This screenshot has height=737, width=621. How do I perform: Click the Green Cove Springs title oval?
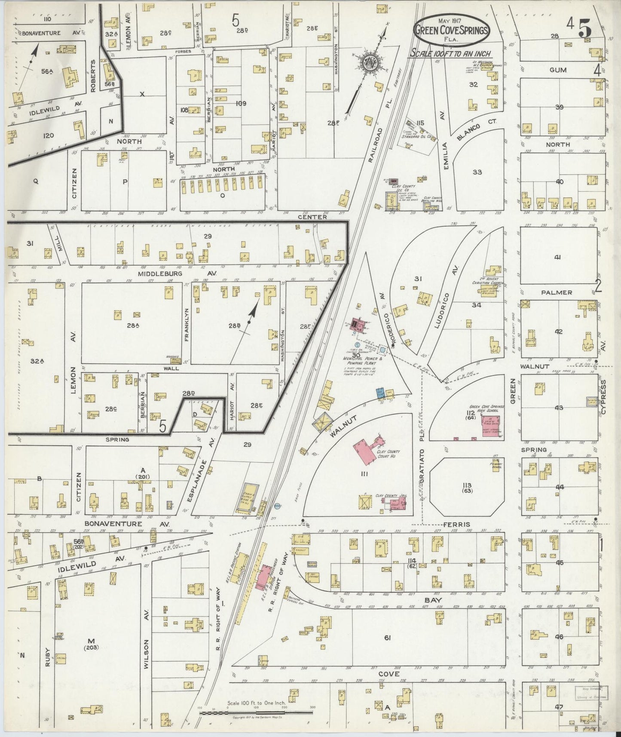(451, 29)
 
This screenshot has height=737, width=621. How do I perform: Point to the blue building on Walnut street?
(379, 393)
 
